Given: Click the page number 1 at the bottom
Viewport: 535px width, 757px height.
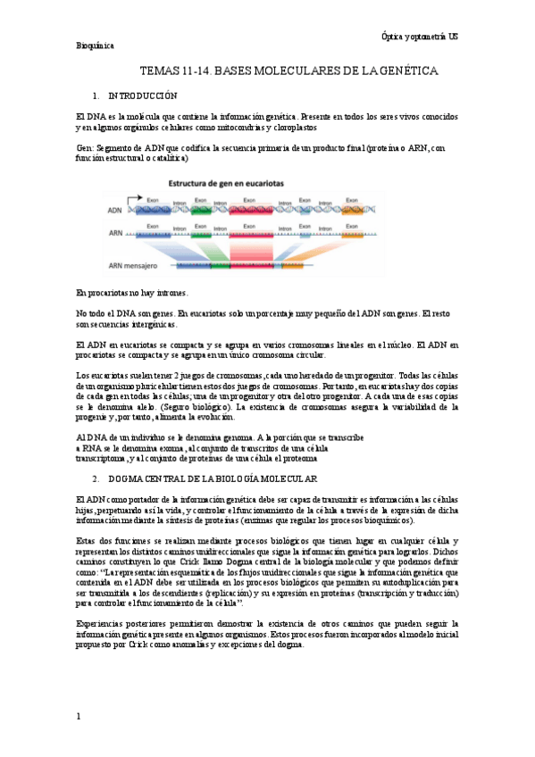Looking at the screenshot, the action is coord(79,717).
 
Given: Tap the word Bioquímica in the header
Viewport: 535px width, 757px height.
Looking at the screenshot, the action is coord(96,47).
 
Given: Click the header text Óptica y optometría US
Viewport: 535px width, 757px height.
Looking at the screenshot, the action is coord(419,35).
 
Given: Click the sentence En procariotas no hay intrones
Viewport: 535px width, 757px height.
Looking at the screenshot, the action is coord(132,293).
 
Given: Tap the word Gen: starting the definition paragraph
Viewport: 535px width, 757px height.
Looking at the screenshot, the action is coord(85,147).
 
